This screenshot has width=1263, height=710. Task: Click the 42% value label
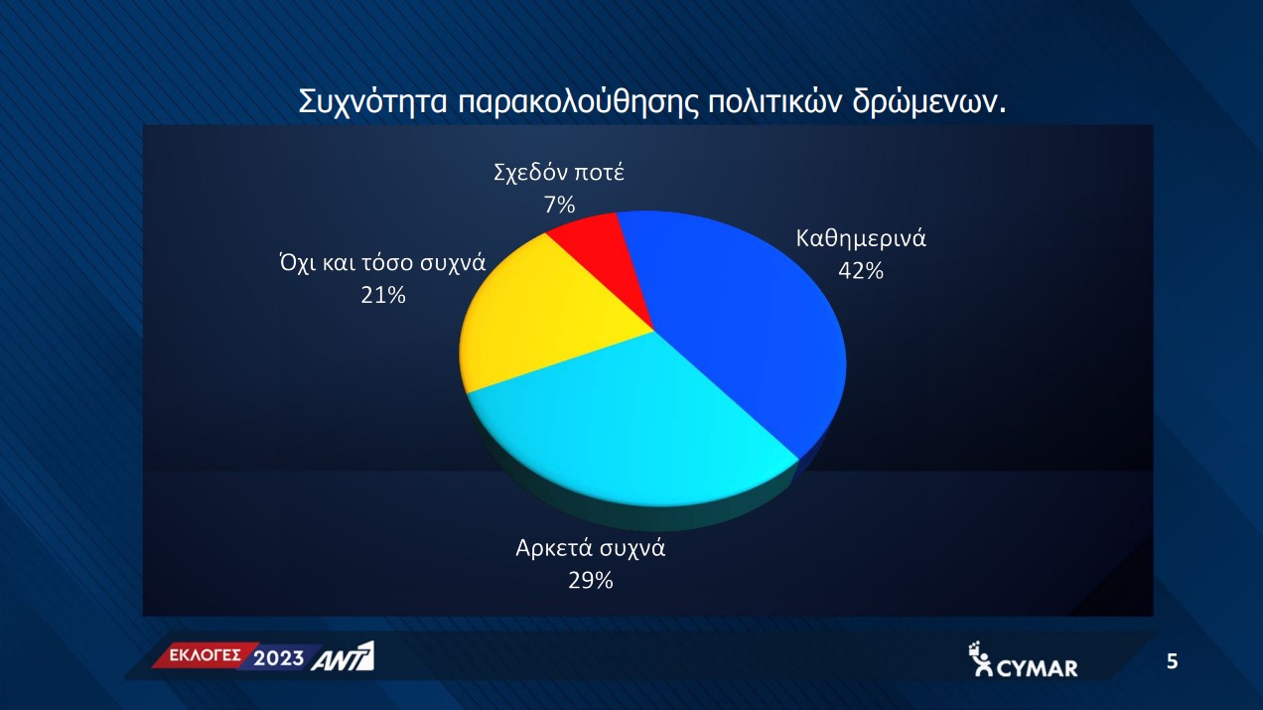(x=861, y=271)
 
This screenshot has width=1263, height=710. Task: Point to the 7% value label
(x=559, y=205)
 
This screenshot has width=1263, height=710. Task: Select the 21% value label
(x=383, y=295)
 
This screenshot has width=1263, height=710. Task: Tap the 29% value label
(x=591, y=580)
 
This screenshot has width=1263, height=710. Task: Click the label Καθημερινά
(x=861, y=238)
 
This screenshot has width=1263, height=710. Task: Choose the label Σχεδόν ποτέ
(x=559, y=173)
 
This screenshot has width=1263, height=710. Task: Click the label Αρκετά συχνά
(x=591, y=548)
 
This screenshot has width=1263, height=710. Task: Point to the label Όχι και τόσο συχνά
(x=382, y=263)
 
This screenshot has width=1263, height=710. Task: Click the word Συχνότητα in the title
(x=372, y=102)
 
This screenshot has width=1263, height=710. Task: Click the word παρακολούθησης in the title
(x=576, y=102)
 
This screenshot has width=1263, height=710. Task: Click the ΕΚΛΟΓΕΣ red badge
(x=206, y=655)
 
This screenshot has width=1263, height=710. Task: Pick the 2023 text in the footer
(x=279, y=658)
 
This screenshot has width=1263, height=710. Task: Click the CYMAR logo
(x=1023, y=659)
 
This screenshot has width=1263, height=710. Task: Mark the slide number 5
(x=1172, y=661)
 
